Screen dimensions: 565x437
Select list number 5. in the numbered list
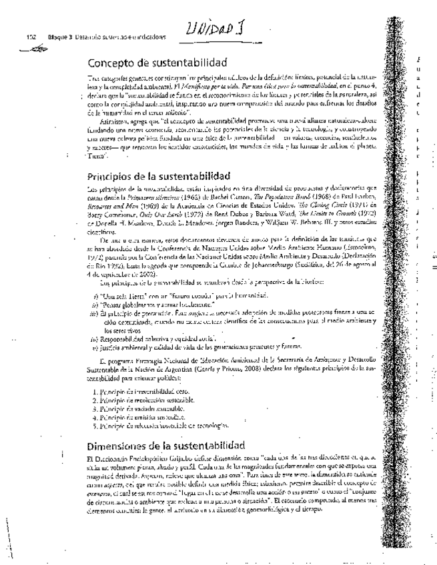[x=91, y=424]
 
